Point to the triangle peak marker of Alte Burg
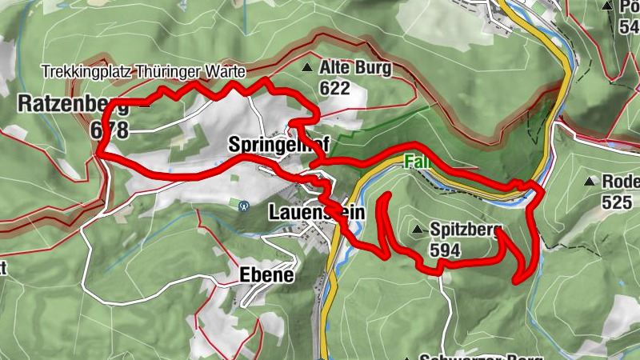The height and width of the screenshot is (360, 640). [x=308, y=67]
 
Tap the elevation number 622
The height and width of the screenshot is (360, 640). [x=334, y=88]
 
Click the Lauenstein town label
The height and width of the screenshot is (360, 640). [x=316, y=213]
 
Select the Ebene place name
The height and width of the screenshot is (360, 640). [x=266, y=274]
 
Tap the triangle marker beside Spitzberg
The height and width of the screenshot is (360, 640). [x=417, y=230]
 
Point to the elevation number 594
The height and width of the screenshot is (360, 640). [x=445, y=250]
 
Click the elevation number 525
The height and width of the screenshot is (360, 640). [x=616, y=202]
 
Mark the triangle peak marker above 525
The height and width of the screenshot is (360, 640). [x=593, y=182]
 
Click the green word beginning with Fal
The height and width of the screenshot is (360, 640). [x=414, y=161]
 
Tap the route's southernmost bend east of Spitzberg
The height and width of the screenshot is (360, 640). [x=517, y=280]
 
